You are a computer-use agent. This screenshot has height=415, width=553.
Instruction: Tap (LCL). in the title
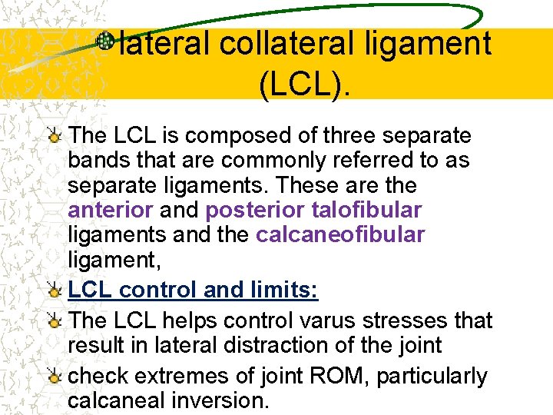(x=305, y=86)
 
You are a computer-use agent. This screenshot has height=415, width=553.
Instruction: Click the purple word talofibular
(x=367, y=210)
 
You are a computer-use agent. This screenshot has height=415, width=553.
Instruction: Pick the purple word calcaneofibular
(x=339, y=234)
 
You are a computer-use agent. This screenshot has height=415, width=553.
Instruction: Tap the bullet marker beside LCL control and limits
(x=54, y=291)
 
